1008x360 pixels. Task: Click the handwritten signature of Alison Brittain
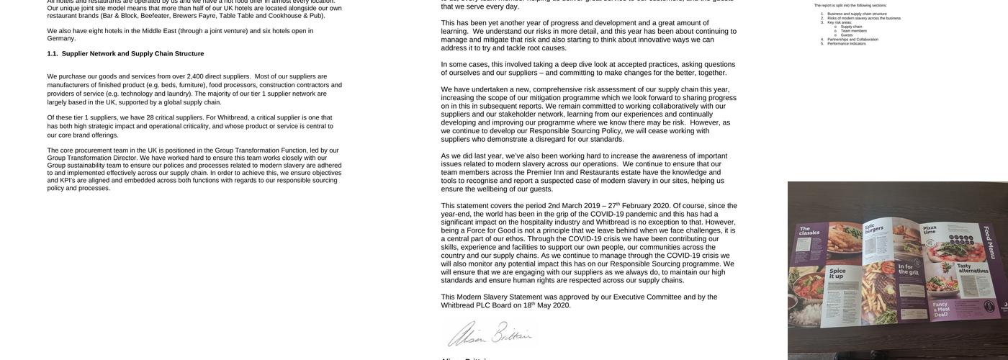[490, 334]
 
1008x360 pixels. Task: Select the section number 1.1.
[53, 54]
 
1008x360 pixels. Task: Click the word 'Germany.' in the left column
[62, 39]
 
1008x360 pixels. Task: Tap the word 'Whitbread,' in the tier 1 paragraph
[233, 118]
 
